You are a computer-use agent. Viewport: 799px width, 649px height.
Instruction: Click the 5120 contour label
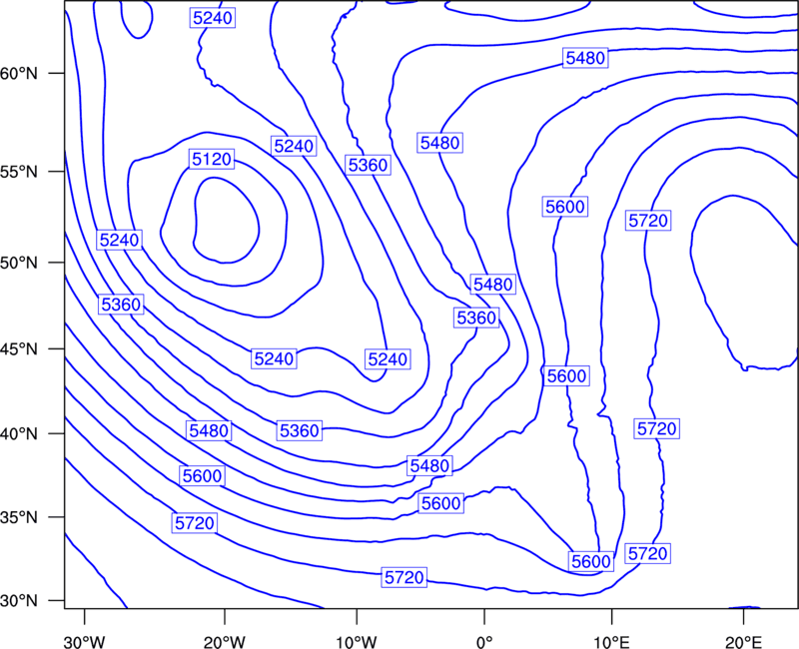point(212,160)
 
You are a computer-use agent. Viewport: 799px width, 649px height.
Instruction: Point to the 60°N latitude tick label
point(19,74)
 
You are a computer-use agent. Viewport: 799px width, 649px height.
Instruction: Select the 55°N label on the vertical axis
point(19,172)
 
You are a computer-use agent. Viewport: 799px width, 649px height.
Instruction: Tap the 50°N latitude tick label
point(19,263)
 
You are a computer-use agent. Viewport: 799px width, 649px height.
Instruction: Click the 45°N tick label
point(19,349)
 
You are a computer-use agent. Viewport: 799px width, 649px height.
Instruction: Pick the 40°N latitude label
point(19,434)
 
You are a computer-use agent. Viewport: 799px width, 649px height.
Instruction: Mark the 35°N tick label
point(19,517)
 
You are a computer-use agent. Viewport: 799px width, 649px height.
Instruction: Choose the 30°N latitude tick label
point(19,601)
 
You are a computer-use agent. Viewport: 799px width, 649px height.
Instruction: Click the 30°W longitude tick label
point(85,641)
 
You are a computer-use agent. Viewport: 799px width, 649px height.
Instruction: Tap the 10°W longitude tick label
point(357,641)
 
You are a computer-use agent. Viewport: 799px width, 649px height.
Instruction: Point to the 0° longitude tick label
point(484,641)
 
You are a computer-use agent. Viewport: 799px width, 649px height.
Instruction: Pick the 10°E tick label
point(611,641)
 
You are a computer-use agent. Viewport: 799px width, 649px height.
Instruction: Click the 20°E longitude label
point(743,641)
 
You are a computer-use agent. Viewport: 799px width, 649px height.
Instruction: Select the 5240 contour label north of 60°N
point(213,18)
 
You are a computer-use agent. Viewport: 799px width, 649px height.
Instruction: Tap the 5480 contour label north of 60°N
point(585,58)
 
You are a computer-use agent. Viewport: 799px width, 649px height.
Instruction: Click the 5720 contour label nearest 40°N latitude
point(656,428)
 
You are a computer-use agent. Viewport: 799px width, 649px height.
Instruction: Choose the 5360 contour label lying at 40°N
point(299,431)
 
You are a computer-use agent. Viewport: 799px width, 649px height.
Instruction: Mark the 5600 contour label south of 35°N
point(590,561)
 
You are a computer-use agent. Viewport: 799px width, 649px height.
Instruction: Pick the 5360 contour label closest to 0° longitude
point(476,318)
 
